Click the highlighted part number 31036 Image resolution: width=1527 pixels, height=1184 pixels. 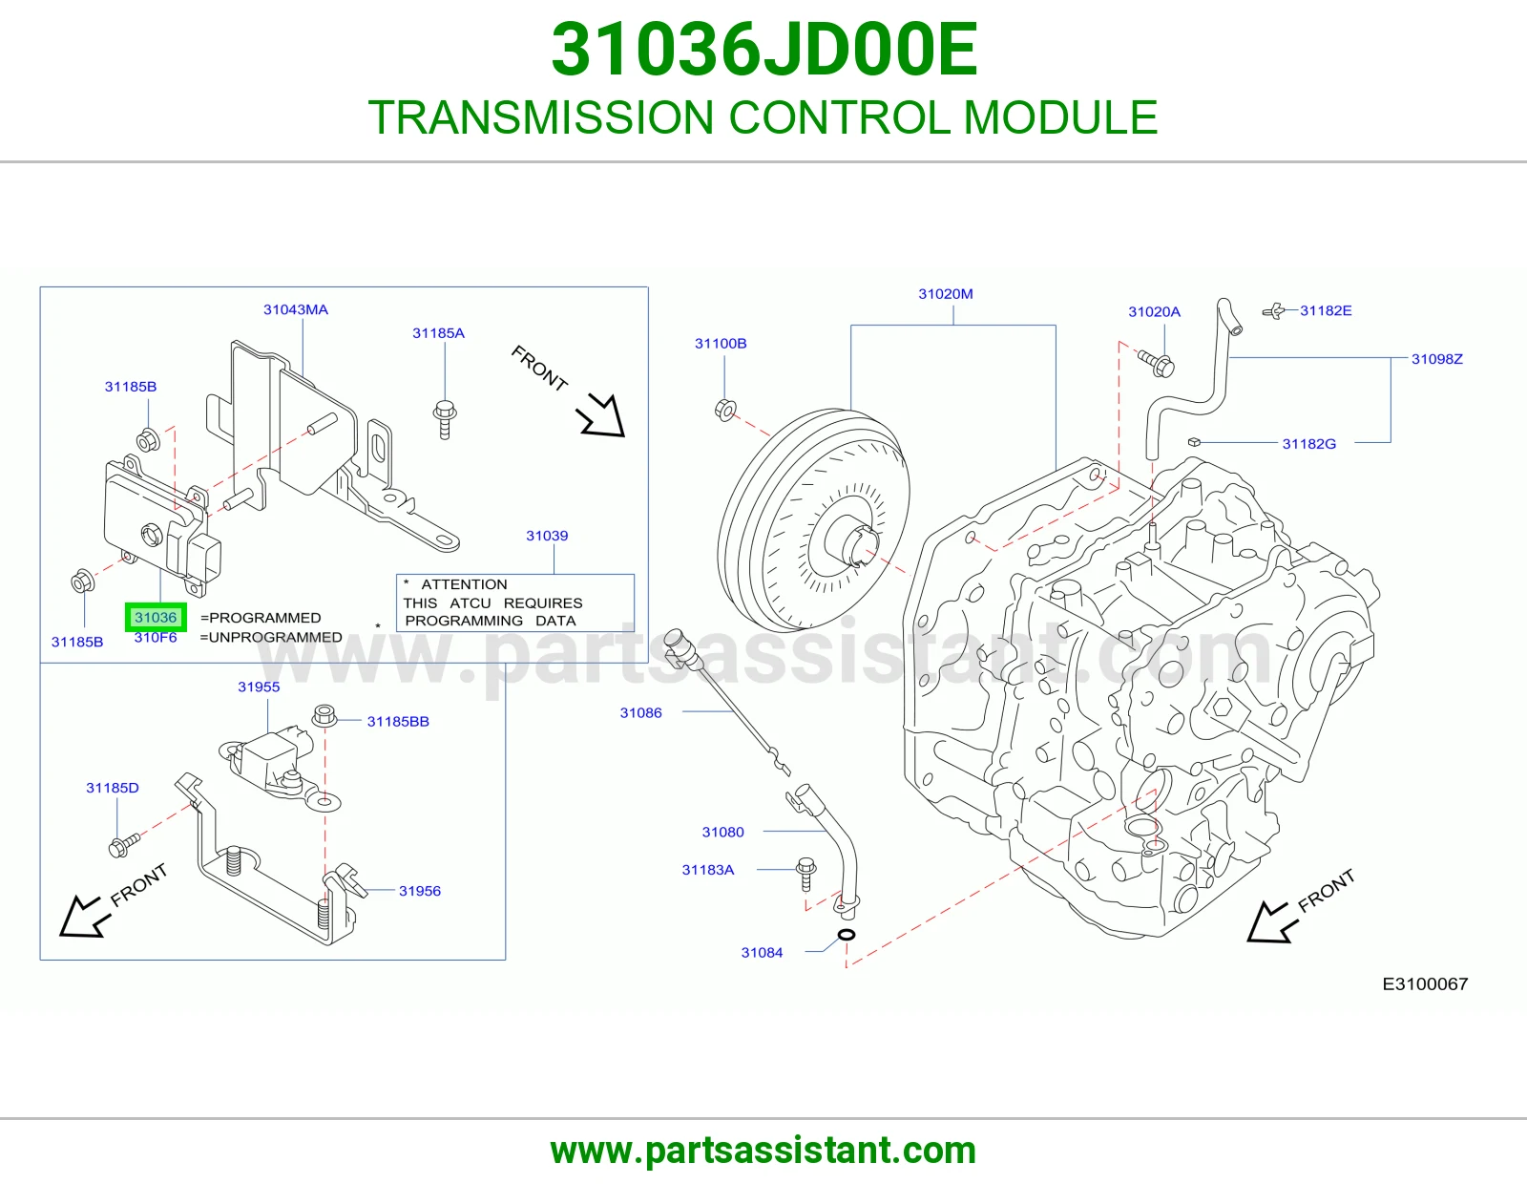[156, 618]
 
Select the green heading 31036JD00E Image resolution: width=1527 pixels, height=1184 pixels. [763, 50]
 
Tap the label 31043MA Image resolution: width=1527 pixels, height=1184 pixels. [296, 309]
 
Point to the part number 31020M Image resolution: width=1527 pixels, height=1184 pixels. [945, 294]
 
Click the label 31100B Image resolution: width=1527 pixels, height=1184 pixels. [721, 343]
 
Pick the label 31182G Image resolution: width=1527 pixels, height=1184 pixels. [1309, 444]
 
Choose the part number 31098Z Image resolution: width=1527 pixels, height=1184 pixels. [1437, 359]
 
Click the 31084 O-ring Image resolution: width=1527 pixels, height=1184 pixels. [847, 935]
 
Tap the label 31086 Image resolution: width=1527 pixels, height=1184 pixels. [641, 712]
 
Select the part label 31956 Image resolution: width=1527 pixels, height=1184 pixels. [420, 891]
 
